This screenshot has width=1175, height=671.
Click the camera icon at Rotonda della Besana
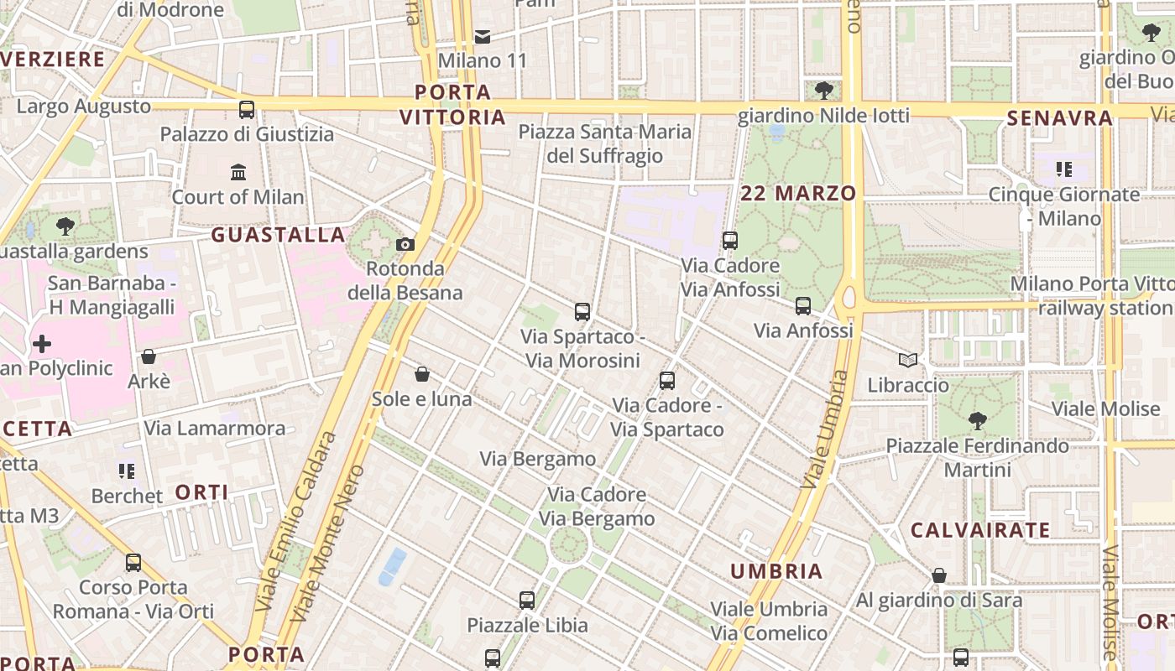[x=405, y=245]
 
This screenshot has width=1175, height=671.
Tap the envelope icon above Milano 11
[x=483, y=36]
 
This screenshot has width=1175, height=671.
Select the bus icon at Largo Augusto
[x=247, y=109]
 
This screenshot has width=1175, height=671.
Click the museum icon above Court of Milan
[x=238, y=172]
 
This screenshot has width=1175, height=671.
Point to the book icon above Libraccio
[x=907, y=361]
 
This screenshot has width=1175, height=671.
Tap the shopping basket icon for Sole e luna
[x=422, y=374]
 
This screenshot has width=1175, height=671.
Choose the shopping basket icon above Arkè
[x=149, y=356]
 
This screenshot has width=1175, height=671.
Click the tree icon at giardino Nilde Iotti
[x=823, y=90]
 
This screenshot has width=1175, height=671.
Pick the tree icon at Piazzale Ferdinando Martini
[x=977, y=420]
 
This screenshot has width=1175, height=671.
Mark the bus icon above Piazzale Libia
[x=527, y=601]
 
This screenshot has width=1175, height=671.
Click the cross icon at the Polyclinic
[x=42, y=344]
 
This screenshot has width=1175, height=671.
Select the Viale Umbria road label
[x=824, y=430]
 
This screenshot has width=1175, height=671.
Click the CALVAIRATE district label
[x=980, y=530]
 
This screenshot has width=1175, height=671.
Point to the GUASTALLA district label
[x=278, y=235]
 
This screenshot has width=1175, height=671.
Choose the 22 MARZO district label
[x=798, y=194]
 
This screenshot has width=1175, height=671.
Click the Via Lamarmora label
[x=215, y=429]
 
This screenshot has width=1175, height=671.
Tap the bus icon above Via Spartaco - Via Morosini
[x=582, y=312]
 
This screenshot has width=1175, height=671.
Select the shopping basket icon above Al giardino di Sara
[x=939, y=575]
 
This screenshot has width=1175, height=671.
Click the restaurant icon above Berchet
[x=127, y=471]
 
